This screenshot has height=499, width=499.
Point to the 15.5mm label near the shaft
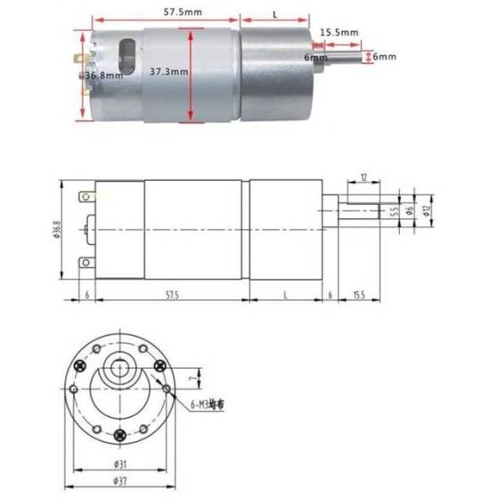tap(340, 32)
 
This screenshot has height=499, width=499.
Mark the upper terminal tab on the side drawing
tap(84, 195)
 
